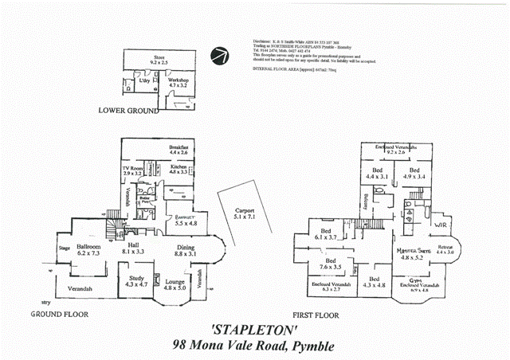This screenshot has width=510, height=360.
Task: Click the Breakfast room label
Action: tap(178, 149)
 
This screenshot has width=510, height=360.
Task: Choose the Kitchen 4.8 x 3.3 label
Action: tap(178, 168)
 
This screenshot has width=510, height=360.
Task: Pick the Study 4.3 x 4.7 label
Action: tap(133, 281)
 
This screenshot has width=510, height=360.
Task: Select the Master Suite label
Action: tap(414, 254)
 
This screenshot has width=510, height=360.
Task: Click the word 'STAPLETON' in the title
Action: tap(255, 330)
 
